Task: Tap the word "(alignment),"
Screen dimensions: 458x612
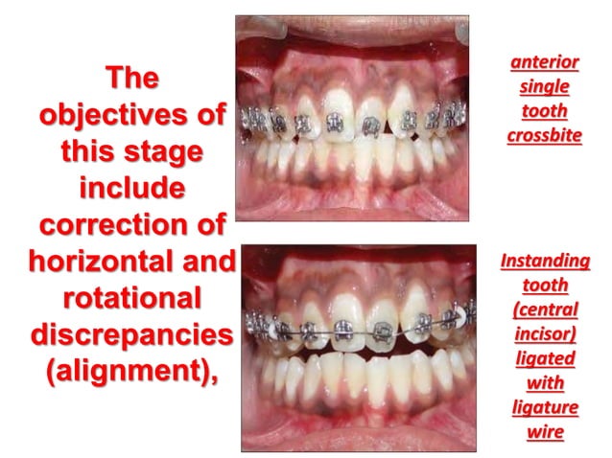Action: [x=131, y=372]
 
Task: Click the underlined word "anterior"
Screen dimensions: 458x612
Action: [x=545, y=63]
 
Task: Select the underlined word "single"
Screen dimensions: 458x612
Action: [x=545, y=87]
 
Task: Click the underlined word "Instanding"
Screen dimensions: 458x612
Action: [x=545, y=261]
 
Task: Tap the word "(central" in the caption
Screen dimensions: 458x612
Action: [x=545, y=309]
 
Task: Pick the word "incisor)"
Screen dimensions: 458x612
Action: [x=545, y=334]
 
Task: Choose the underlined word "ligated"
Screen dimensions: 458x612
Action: [x=545, y=358]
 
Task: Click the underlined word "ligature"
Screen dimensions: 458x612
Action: [x=545, y=408]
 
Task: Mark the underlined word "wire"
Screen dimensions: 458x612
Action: [x=545, y=432]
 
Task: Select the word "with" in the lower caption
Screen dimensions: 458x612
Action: [x=545, y=383]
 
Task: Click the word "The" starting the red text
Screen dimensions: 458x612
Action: [x=131, y=78]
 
